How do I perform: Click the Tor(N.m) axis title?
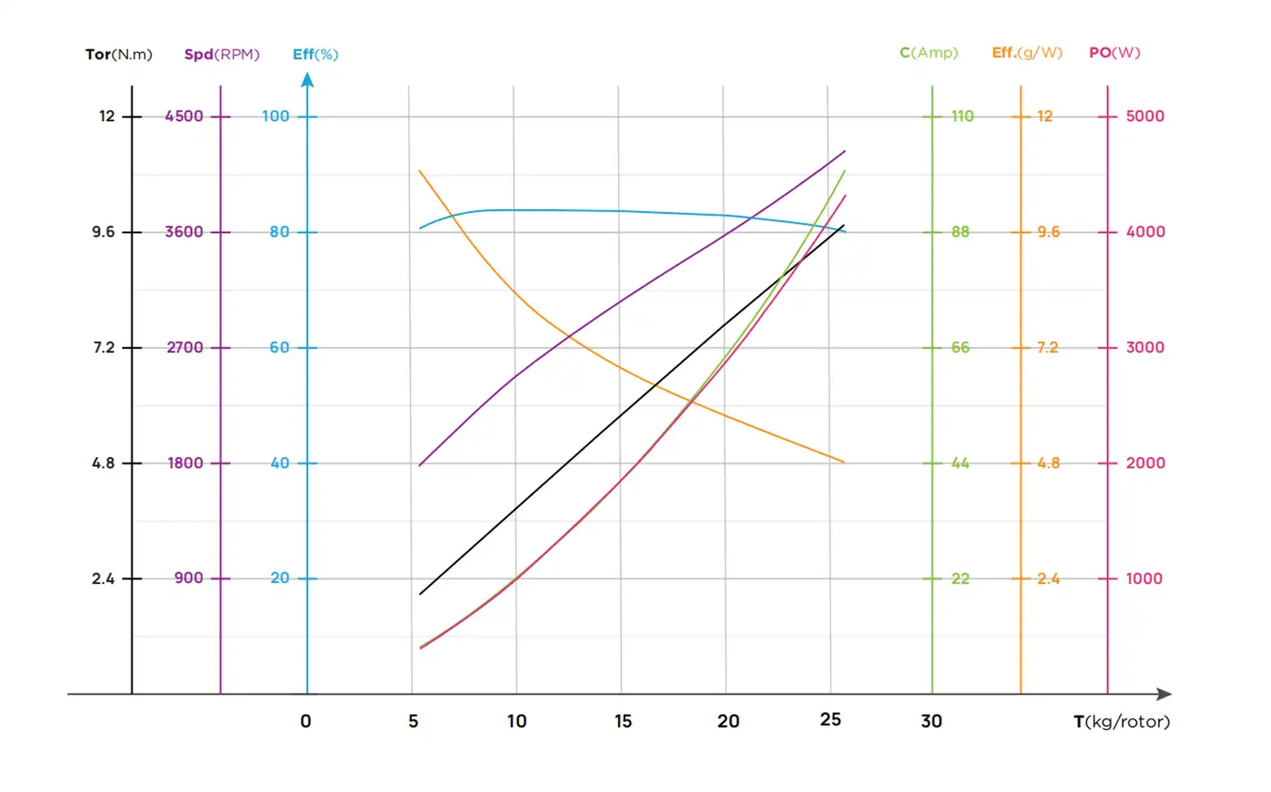click(x=119, y=54)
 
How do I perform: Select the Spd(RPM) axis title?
click(x=221, y=54)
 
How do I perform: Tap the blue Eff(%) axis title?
click(x=316, y=54)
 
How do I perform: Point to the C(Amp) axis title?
click(x=929, y=53)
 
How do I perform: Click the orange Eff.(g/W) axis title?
click(x=1026, y=53)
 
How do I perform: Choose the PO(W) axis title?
click(x=1114, y=53)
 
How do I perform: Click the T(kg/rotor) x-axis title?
click(x=1121, y=721)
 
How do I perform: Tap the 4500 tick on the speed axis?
click(x=185, y=116)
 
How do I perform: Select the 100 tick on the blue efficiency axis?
click(x=276, y=116)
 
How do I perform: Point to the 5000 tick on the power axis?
click(x=1145, y=116)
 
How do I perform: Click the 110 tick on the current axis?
click(x=962, y=116)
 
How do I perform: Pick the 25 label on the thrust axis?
click(x=830, y=720)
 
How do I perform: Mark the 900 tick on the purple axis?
click(x=189, y=578)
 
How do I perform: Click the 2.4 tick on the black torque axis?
click(x=103, y=579)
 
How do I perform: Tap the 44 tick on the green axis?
click(x=960, y=463)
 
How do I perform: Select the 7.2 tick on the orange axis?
click(x=1047, y=348)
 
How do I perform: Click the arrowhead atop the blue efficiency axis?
click(x=307, y=80)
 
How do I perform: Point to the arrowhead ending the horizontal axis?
click(x=1164, y=694)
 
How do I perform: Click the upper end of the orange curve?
click(x=420, y=171)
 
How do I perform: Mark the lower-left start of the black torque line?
click(x=420, y=594)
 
